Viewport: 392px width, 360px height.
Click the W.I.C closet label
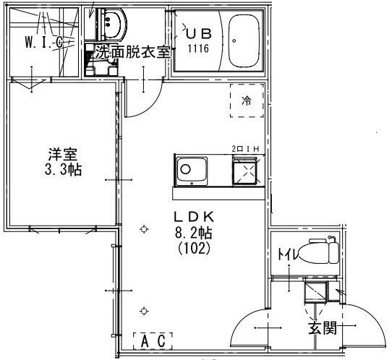[x=43, y=42]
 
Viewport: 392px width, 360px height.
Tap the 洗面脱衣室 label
[x=133, y=51]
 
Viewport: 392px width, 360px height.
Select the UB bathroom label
[x=199, y=33]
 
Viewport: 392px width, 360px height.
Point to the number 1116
[x=198, y=48]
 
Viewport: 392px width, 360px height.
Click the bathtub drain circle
[x=234, y=40]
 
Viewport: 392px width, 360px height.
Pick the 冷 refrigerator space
[x=247, y=100]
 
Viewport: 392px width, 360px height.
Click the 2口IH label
[x=245, y=149]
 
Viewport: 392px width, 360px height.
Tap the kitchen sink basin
[x=192, y=171]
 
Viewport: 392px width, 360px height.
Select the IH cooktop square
[x=244, y=171]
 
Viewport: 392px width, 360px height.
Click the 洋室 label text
[x=63, y=154]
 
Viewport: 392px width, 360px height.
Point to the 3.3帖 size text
[x=63, y=170]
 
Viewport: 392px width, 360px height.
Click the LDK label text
[x=195, y=217]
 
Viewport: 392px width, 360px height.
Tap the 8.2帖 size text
[x=193, y=233]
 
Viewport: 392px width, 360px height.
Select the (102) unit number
[x=194, y=249]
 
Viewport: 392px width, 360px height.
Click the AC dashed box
[x=153, y=341]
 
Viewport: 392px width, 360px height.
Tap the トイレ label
[x=288, y=254]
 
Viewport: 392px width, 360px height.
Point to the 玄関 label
[x=323, y=327]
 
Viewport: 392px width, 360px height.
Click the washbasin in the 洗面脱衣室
[x=112, y=25]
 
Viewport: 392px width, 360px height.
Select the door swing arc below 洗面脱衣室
[x=150, y=105]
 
